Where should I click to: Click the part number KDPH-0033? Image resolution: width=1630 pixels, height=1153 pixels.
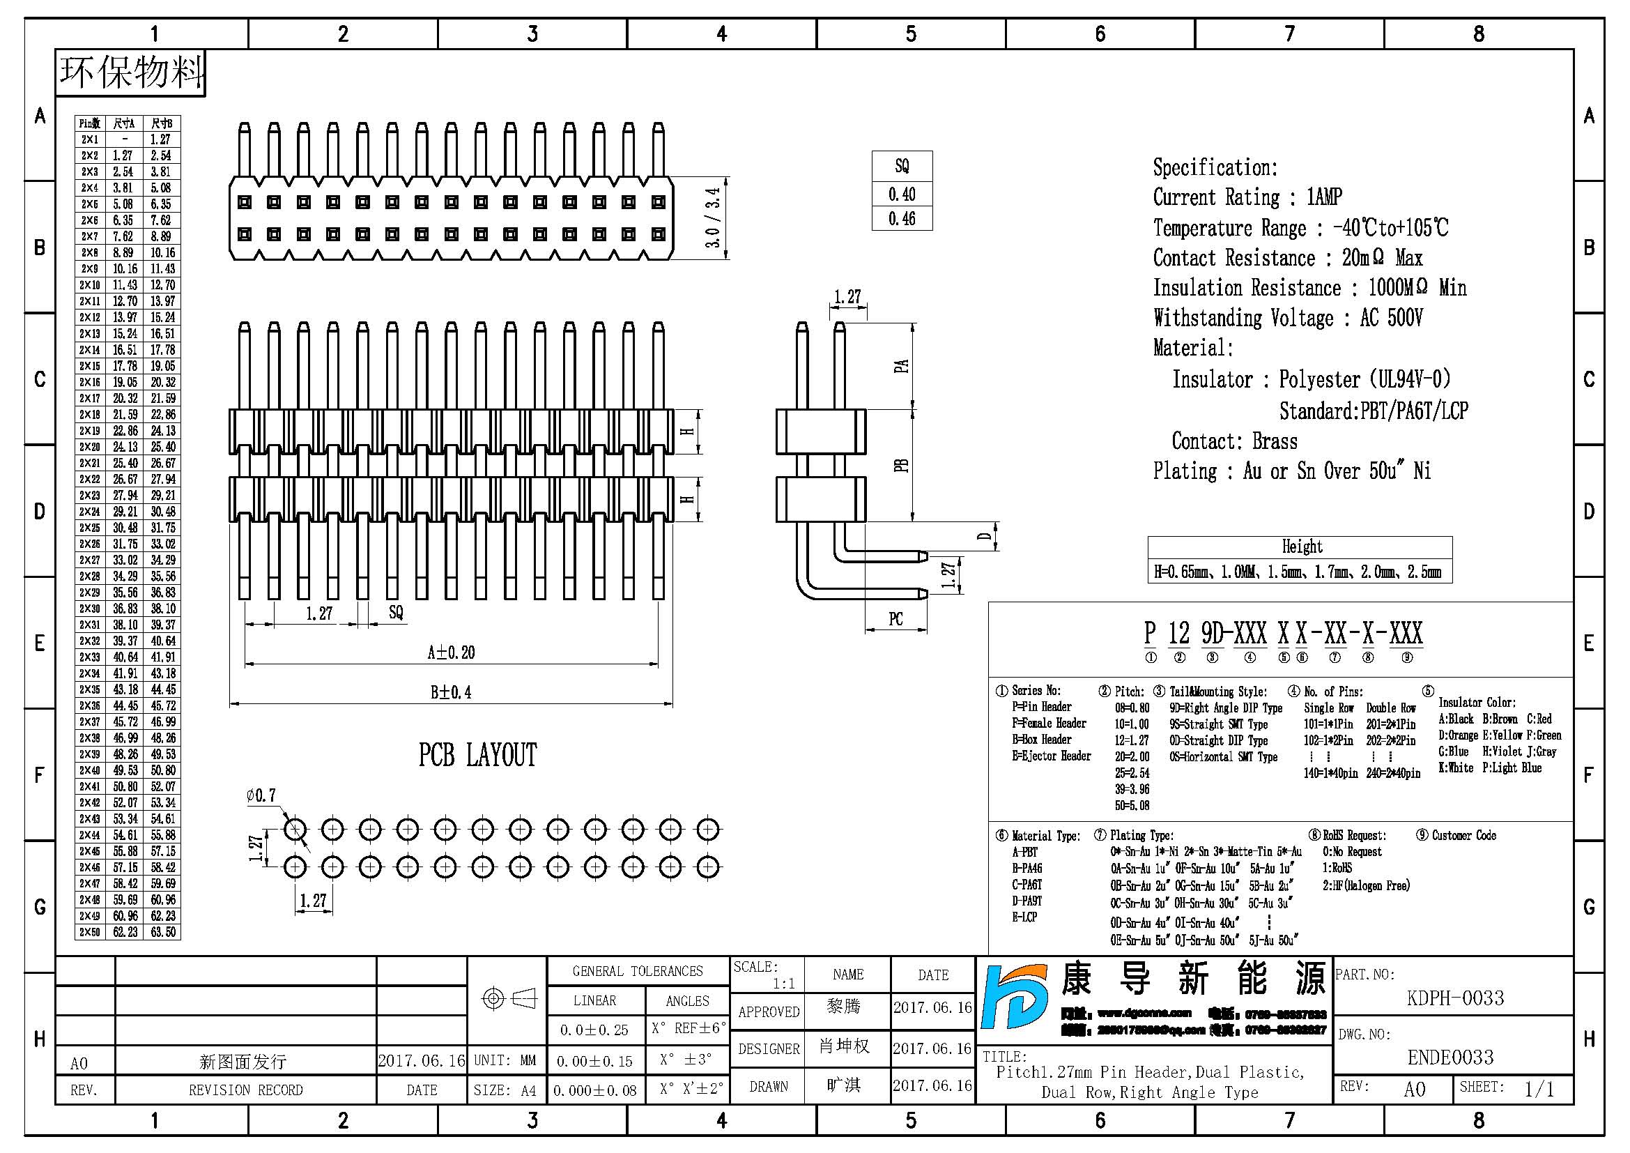[x=1454, y=998]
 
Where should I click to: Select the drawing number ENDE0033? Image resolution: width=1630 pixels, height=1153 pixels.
[x=1450, y=1057]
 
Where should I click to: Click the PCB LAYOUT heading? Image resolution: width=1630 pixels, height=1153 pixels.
[x=478, y=756]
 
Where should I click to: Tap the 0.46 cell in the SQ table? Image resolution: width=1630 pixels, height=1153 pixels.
[x=902, y=219]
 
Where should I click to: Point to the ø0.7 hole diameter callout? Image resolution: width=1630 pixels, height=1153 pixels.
[x=261, y=796]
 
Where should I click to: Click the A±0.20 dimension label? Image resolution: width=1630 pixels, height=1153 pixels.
[x=451, y=652]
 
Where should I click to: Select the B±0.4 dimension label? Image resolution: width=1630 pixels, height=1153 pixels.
[x=451, y=692]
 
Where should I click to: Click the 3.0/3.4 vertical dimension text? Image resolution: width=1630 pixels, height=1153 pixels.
[x=713, y=218]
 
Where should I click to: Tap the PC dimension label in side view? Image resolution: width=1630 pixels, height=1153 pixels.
[x=896, y=619]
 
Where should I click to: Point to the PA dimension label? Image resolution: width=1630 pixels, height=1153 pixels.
[x=901, y=367]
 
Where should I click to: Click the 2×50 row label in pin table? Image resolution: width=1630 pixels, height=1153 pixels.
[x=90, y=931]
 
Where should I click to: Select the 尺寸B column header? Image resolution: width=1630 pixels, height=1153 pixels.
[x=162, y=123]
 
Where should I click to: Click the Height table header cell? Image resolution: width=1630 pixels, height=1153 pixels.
[x=1301, y=547]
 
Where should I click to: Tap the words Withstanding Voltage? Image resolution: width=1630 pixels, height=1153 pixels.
[x=1243, y=318]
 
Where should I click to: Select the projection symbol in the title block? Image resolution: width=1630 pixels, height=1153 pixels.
[x=508, y=999]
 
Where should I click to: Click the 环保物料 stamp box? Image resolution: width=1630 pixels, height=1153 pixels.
[x=130, y=73]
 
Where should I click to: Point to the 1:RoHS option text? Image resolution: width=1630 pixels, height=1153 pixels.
[x=1337, y=868]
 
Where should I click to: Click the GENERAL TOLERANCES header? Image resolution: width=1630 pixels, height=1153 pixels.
[x=637, y=971]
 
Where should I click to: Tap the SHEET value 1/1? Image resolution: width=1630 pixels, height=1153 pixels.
[x=1539, y=1089]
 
